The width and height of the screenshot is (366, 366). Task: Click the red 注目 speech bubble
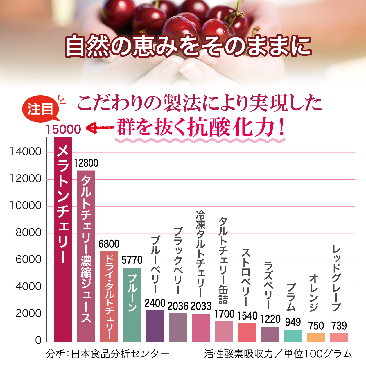[x=41, y=109]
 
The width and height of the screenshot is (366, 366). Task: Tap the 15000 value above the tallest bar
[x=63, y=130]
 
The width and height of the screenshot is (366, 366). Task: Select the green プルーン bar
[x=132, y=305]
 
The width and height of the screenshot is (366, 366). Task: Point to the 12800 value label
[x=86, y=163]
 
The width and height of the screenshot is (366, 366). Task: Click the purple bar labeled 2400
[x=155, y=326]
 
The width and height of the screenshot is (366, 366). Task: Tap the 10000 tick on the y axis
[x=26, y=206]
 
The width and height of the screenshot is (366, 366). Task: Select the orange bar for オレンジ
[x=316, y=338]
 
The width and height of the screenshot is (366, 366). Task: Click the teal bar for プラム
[x=293, y=336]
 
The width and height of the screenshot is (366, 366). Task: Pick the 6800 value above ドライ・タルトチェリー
[x=109, y=244]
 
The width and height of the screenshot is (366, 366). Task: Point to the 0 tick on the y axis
[x=38, y=340]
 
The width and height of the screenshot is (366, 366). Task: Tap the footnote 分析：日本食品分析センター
[x=107, y=354]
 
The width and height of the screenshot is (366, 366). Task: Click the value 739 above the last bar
[x=339, y=326]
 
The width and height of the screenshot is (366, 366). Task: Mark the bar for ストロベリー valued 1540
[x=247, y=332]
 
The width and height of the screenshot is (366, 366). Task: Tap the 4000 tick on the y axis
[x=28, y=287]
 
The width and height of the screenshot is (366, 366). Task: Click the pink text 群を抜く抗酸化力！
[x=200, y=128]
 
